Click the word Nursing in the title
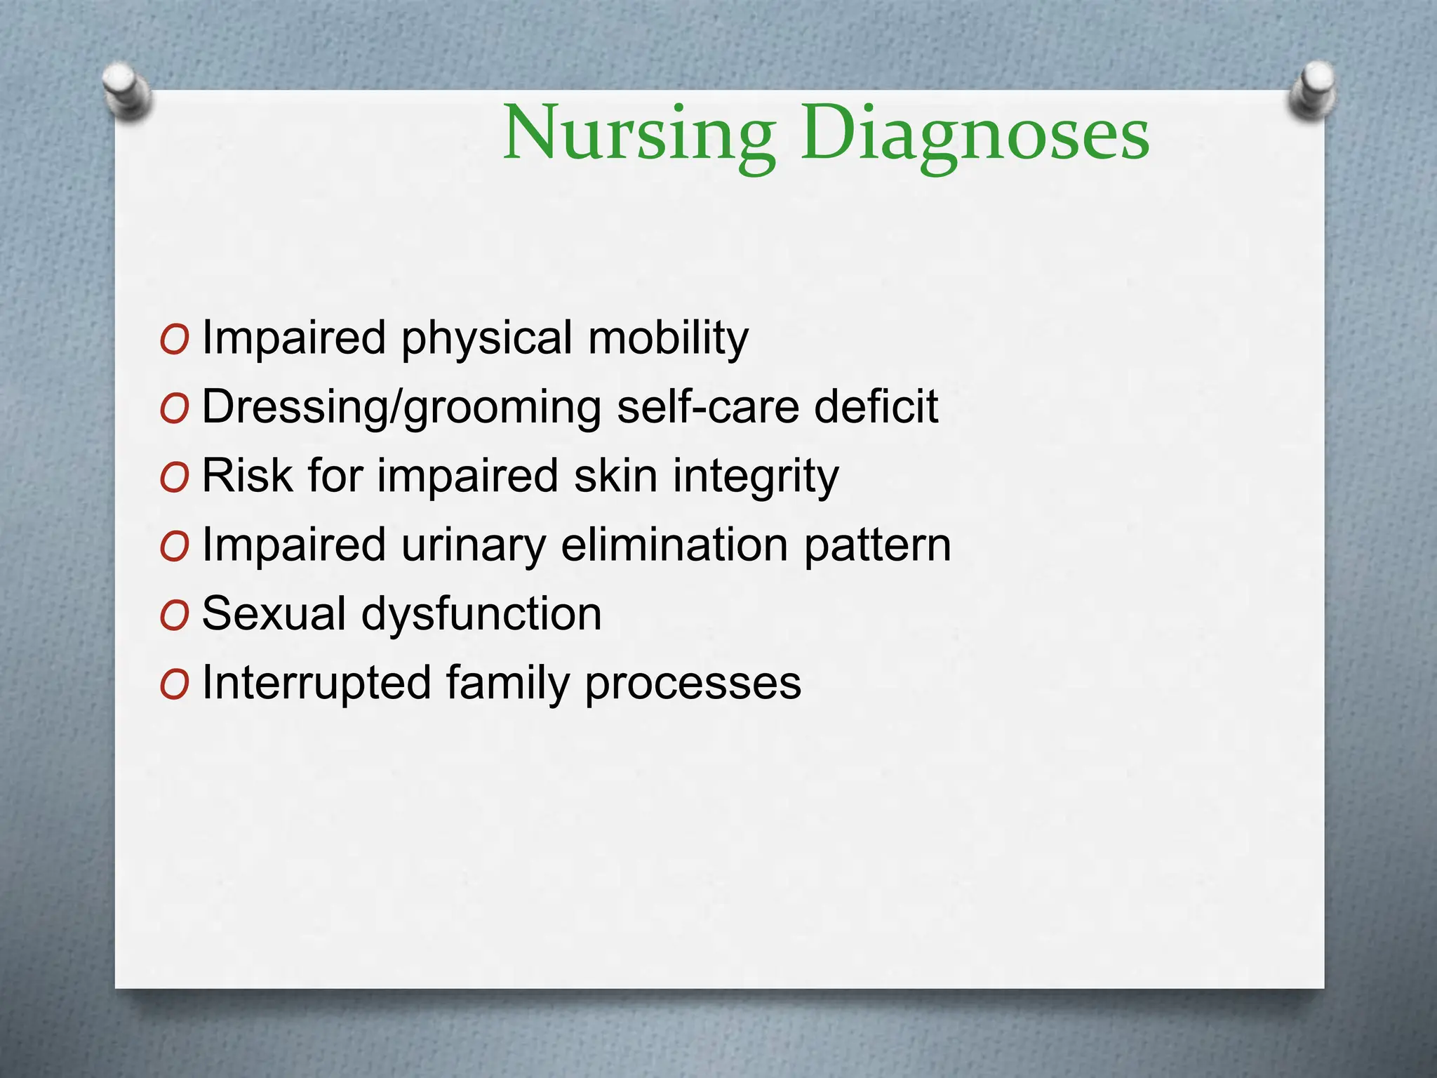639,133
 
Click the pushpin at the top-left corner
126,90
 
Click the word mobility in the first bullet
668,338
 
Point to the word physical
486,338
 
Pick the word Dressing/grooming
401,407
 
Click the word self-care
708,407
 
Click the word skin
615,476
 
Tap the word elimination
674,545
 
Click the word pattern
877,545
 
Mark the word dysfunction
481,614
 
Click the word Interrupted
316,683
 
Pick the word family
507,683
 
